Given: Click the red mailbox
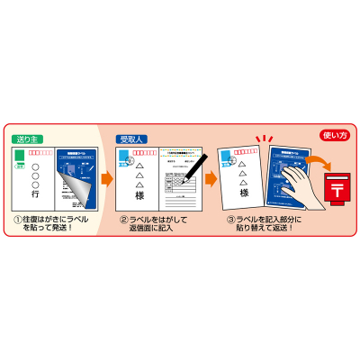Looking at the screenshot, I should click(x=337, y=185).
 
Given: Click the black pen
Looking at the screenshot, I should click(x=195, y=167).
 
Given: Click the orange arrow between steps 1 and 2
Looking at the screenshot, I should click(x=106, y=179).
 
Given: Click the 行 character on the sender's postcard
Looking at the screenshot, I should click(x=36, y=194).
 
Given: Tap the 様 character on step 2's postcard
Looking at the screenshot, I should click(x=139, y=194).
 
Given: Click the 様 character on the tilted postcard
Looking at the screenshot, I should click(x=243, y=192).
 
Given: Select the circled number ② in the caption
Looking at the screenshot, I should click(x=123, y=219).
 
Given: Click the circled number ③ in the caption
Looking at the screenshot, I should click(x=230, y=219).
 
